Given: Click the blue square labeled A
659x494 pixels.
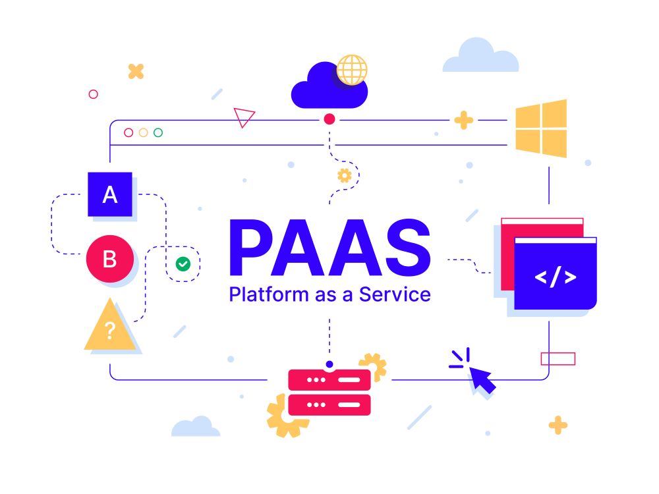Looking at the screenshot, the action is click(x=109, y=194).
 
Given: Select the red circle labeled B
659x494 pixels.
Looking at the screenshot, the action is click(x=110, y=259).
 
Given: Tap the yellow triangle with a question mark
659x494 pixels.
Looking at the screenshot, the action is click(x=109, y=325).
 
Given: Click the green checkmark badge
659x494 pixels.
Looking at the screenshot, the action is click(x=183, y=264).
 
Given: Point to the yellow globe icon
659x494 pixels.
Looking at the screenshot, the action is click(x=352, y=70).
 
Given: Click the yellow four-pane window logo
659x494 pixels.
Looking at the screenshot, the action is click(x=541, y=128).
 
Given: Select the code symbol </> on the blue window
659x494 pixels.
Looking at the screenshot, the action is click(x=555, y=277).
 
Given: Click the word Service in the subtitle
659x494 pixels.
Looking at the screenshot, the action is click(x=395, y=294).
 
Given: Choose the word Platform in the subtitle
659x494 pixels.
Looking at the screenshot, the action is click(x=269, y=294).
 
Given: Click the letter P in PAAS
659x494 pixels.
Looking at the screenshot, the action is click(x=251, y=248).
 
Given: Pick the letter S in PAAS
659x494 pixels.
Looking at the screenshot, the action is click(x=408, y=248).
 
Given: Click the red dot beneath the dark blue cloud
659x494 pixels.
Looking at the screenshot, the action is click(x=329, y=119).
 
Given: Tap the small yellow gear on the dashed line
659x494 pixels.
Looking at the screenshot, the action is click(x=345, y=175).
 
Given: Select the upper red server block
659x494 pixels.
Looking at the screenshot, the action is click(x=329, y=380).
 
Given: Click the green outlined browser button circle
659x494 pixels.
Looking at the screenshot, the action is click(x=158, y=133).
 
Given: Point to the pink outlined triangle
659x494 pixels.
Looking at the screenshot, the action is click(x=244, y=117).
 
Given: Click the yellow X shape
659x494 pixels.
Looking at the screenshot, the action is click(x=136, y=71).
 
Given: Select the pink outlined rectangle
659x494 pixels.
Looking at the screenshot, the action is click(x=558, y=359).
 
